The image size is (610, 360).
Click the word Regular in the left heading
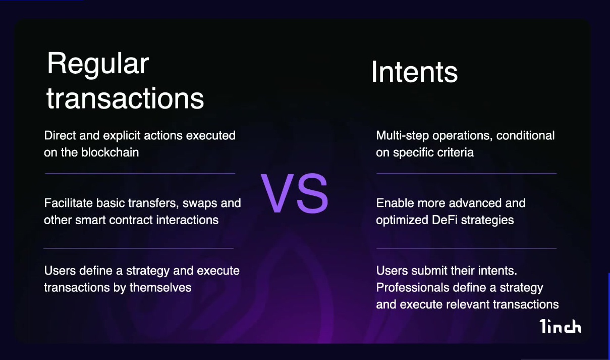point(98,65)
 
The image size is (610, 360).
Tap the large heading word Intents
point(414,72)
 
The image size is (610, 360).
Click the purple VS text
point(294,193)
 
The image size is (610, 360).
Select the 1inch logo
point(560,326)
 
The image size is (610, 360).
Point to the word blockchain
point(110,152)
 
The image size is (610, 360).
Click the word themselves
point(160,287)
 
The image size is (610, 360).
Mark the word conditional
point(525,135)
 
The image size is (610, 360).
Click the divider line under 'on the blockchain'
point(140,173)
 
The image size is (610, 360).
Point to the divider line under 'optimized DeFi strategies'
point(467,248)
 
